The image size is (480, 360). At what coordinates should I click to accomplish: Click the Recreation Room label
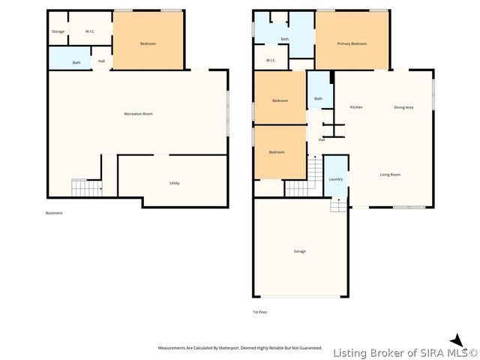[138, 114]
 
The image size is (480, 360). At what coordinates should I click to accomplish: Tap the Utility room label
[174, 183]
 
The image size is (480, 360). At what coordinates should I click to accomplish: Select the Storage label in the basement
[58, 31]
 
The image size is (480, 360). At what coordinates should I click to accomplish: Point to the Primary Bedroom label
[352, 43]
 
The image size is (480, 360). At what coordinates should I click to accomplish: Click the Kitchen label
[356, 107]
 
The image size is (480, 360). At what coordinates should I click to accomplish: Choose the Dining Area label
[403, 107]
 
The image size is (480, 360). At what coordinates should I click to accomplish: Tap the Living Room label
[390, 175]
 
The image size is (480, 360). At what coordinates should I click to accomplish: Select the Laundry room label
[336, 179]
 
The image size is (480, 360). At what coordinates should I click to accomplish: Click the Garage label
[299, 251]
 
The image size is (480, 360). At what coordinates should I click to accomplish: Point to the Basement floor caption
[54, 213]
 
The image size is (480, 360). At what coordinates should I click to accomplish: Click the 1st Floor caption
[259, 311]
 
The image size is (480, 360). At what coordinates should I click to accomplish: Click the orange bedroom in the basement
[148, 43]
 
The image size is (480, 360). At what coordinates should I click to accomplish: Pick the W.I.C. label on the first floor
[271, 61]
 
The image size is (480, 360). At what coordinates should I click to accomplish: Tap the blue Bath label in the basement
[76, 62]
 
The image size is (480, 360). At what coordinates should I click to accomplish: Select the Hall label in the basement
[101, 61]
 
